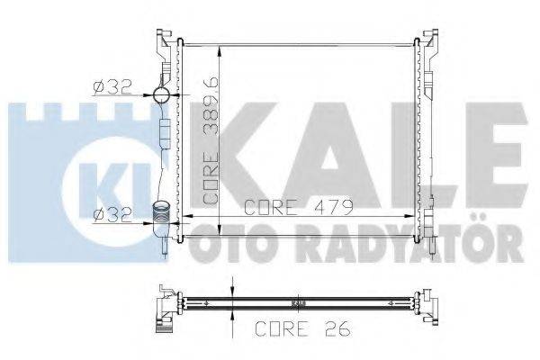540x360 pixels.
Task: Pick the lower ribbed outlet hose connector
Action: click(x=161, y=217)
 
